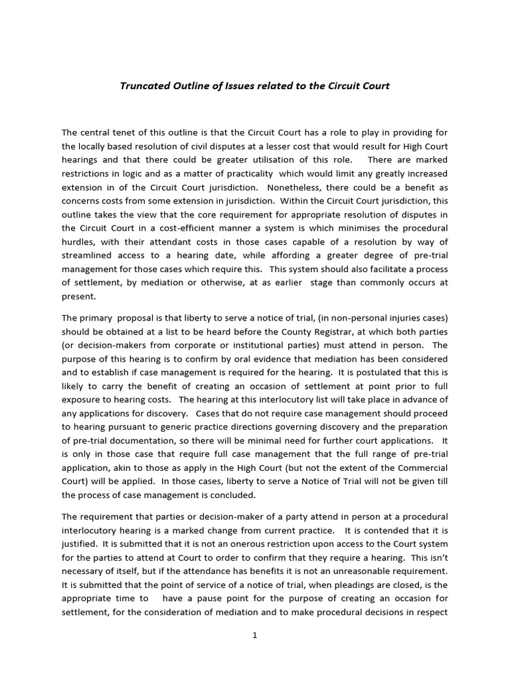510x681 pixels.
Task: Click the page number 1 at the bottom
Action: [254, 636]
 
